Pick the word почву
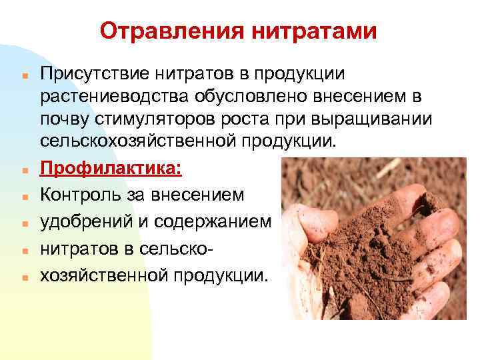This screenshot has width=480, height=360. (65, 121)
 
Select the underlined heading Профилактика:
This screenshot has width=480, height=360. (110, 169)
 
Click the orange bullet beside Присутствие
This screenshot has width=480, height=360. (23, 72)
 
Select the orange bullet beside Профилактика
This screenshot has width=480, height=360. (23, 171)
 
